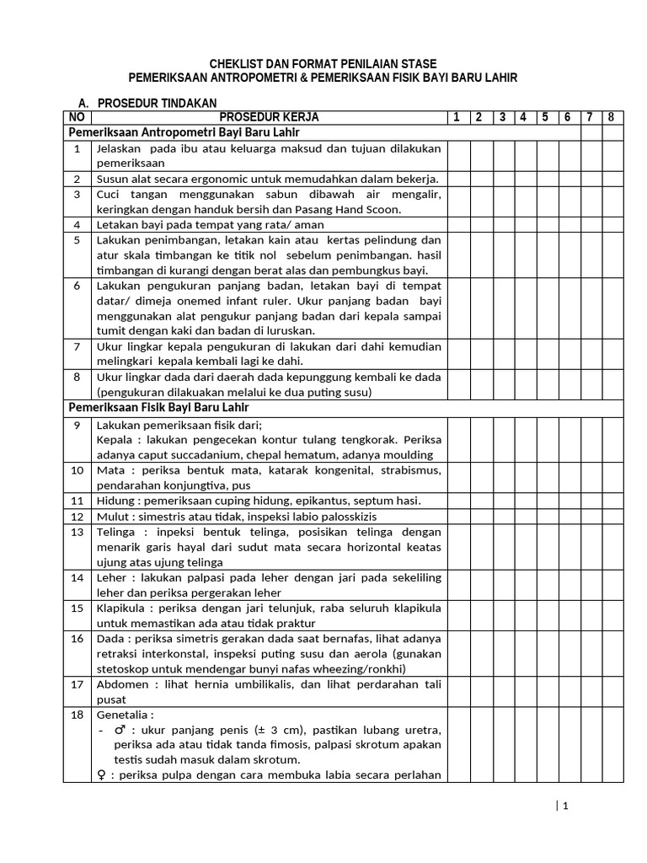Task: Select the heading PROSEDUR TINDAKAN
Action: coord(152,103)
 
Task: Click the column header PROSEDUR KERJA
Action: coord(270,117)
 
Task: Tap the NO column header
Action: coord(77,117)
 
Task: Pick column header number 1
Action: coord(457,117)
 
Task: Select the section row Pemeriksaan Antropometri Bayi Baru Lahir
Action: coord(185,132)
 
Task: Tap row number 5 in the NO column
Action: coord(77,239)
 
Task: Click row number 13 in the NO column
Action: coord(77,532)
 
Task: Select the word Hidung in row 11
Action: coord(116,501)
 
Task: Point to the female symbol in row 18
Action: coord(101,775)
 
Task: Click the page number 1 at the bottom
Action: coord(566,806)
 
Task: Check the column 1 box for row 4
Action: coord(458,224)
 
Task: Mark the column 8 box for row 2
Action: coord(612,179)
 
